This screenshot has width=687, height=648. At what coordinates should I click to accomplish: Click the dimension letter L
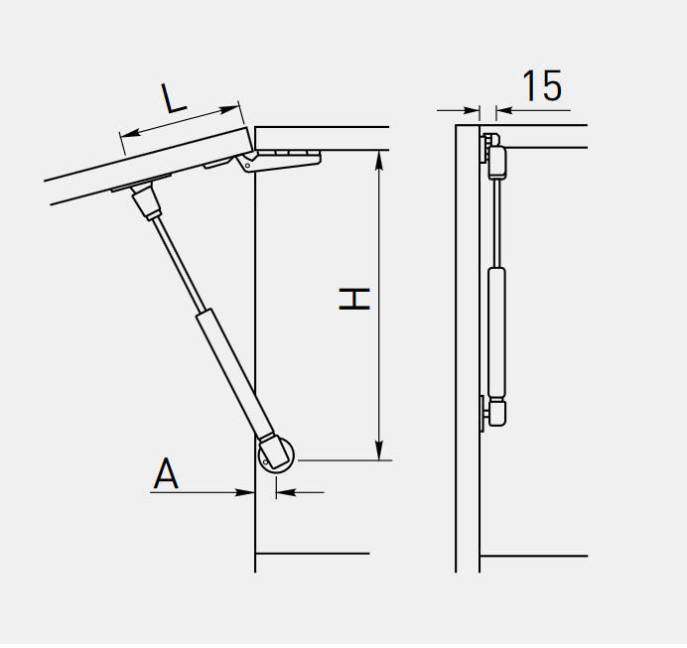coord(174,98)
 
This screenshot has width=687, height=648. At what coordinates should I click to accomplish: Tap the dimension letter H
coord(354,299)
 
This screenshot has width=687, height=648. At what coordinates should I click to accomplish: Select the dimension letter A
coord(166,473)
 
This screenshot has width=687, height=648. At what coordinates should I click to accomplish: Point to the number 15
coord(542,85)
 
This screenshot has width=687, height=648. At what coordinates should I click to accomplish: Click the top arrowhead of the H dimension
coord(379,160)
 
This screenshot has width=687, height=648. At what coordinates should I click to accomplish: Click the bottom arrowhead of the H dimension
coord(379,451)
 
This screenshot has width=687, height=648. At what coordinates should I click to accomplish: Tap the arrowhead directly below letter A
coord(245,492)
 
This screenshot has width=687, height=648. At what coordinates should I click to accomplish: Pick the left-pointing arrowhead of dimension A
coord(286,492)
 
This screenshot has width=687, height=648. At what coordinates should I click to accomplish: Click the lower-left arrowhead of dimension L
coord(131,132)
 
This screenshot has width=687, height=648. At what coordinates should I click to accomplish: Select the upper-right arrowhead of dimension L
coord(228,109)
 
